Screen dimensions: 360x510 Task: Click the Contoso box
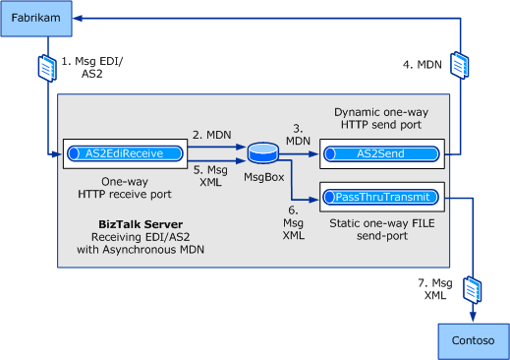[474, 340]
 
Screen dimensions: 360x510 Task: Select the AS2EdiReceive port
[125, 152]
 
